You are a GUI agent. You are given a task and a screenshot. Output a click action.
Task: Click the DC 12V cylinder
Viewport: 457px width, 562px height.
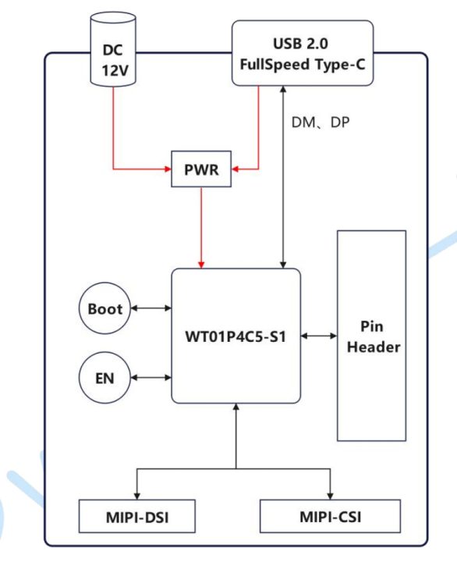[114, 48]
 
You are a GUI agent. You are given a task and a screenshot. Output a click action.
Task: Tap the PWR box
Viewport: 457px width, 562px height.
[201, 169]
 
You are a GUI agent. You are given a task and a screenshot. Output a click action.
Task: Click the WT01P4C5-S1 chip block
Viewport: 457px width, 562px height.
[236, 336]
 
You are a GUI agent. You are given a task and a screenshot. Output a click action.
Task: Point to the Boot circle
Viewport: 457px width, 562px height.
[105, 308]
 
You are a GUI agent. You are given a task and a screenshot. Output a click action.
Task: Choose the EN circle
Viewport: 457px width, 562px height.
[105, 378]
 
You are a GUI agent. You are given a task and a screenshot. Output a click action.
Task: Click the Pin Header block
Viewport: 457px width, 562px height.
[371, 336]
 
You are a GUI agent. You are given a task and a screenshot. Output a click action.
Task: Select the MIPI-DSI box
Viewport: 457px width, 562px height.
[138, 516]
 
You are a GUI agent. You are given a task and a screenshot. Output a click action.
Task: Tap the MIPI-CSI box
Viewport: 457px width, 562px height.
[330, 516]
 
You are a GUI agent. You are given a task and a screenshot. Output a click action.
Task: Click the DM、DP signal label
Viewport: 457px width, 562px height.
[320, 123]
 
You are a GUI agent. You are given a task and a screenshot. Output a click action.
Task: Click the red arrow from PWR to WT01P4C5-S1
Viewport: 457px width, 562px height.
[201, 226]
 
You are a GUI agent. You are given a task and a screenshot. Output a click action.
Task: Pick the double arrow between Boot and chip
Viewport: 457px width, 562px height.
[151, 308]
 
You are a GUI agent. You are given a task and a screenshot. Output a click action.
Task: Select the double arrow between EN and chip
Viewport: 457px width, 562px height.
[151, 378]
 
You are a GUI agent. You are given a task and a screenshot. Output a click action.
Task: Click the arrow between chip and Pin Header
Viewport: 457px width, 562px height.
[318, 336]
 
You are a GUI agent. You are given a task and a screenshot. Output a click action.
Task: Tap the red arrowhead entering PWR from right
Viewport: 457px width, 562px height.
[236, 169]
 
